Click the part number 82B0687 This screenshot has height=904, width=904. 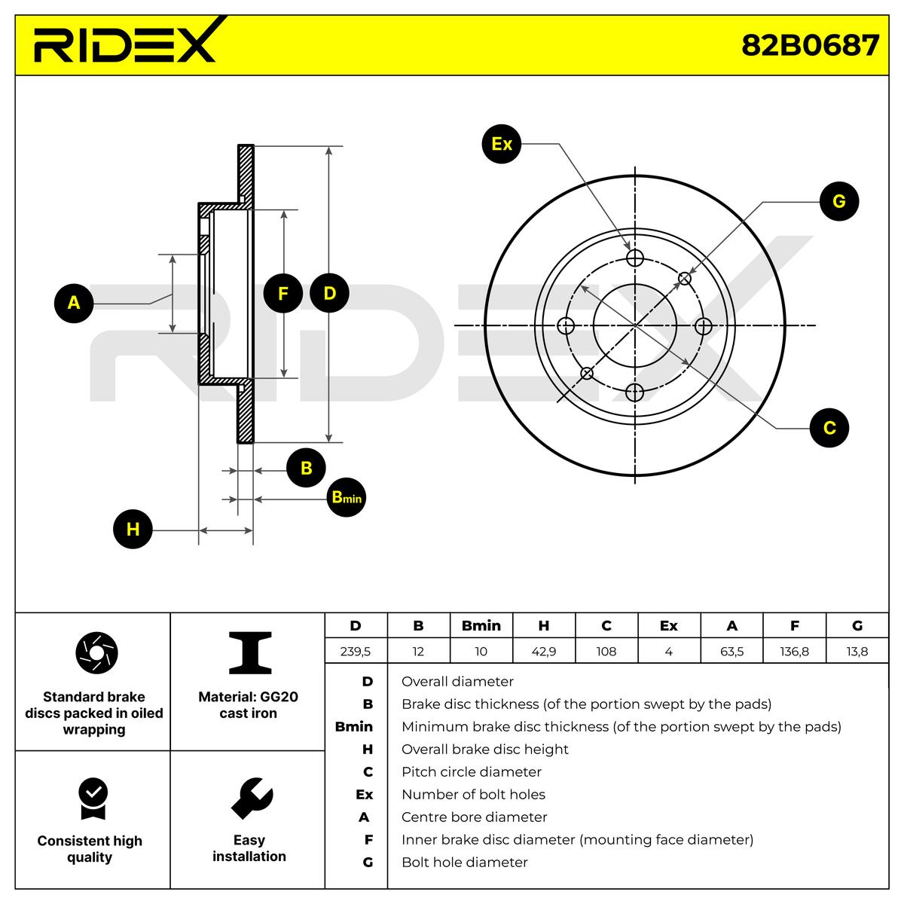tap(810, 45)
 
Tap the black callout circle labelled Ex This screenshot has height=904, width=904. tap(502, 143)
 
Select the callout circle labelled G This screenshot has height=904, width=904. tap(838, 201)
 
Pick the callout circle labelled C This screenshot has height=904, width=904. tap(829, 428)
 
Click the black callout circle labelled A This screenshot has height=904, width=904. tap(74, 303)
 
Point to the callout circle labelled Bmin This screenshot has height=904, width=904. tap(347, 498)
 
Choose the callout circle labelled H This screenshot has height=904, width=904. tap(133, 529)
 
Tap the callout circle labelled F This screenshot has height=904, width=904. tap(283, 294)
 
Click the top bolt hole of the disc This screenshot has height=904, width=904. tap(635, 258)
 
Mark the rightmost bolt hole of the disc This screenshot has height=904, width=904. tap(704, 326)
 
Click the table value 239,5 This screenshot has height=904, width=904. tap(356, 652)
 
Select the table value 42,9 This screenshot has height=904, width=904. tap(543, 652)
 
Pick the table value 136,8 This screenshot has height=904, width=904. tap(794, 652)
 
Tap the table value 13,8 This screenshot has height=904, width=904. tap(857, 652)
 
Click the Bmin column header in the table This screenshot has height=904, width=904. tap(481, 626)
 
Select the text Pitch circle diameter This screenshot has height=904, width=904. tap(472, 772)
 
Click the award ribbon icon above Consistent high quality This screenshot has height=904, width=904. tap(92, 799)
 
